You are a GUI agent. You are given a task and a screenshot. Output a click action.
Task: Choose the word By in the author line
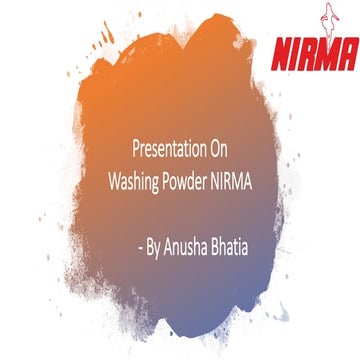pyautogui.click(x=153, y=242)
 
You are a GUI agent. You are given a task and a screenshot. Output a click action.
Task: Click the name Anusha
pyautogui.click(x=187, y=242)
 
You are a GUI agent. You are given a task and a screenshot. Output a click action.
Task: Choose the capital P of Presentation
pyautogui.click(x=135, y=144)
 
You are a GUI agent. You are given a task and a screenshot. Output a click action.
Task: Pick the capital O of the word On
pyautogui.click(x=213, y=144)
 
